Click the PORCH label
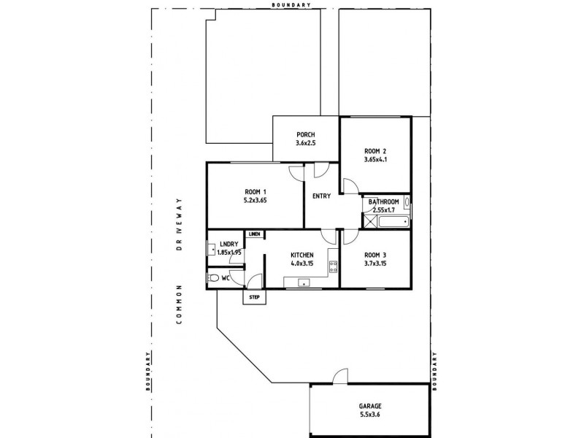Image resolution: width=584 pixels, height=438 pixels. [305, 134]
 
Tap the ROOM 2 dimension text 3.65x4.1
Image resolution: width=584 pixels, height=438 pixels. [374, 160]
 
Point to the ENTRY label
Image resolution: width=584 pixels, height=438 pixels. [321, 196]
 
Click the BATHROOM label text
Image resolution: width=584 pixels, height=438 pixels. [383, 202]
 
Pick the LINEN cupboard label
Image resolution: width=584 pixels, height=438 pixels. [254, 234]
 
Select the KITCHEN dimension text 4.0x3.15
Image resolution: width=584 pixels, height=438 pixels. [301, 264]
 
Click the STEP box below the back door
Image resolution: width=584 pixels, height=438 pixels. [254, 297]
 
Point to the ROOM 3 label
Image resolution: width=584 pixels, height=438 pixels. [375, 255]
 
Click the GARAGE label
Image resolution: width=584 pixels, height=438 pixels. [369, 406]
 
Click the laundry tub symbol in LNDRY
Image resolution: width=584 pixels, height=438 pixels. [212, 253]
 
